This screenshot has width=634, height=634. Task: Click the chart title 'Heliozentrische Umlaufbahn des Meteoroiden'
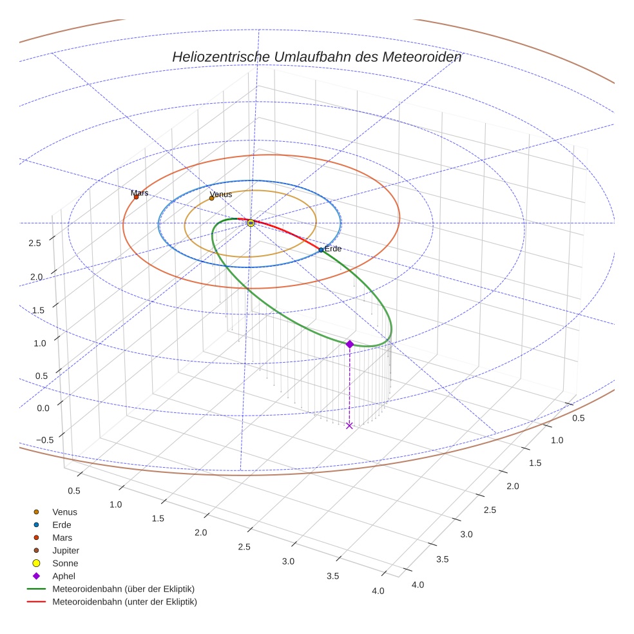click(x=316, y=57)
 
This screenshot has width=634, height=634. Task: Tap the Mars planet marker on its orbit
click(x=136, y=197)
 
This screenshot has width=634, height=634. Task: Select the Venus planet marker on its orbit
click(x=211, y=198)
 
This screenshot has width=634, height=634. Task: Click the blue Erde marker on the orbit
click(x=321, y=250)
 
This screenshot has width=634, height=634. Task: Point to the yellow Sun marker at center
click(x=251, y=223)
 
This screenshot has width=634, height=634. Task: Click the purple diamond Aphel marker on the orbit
click(x=349, y=344)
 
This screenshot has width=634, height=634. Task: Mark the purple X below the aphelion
click(x=349, y=425)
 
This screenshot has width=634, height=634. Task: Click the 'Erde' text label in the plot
click(x=333, y=249)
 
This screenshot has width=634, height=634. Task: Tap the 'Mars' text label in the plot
click(x=140, y=193)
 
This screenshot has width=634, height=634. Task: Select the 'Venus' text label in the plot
click(x=221, y=194)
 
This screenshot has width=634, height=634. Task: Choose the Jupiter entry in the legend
click(x=66, y=550)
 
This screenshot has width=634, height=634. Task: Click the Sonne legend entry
click(x=65, y=563)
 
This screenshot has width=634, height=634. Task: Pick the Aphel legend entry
click(x=64, y=576)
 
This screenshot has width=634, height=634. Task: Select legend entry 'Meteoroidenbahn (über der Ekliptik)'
click(x=123, y=589)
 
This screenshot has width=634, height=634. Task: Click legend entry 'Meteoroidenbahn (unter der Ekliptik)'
click(x=124, y=602)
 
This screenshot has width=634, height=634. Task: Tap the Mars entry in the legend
click(x=62, y=537)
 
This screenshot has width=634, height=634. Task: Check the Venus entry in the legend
click(x=64, y=512)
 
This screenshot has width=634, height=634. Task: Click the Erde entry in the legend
click(x=62, y=524)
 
